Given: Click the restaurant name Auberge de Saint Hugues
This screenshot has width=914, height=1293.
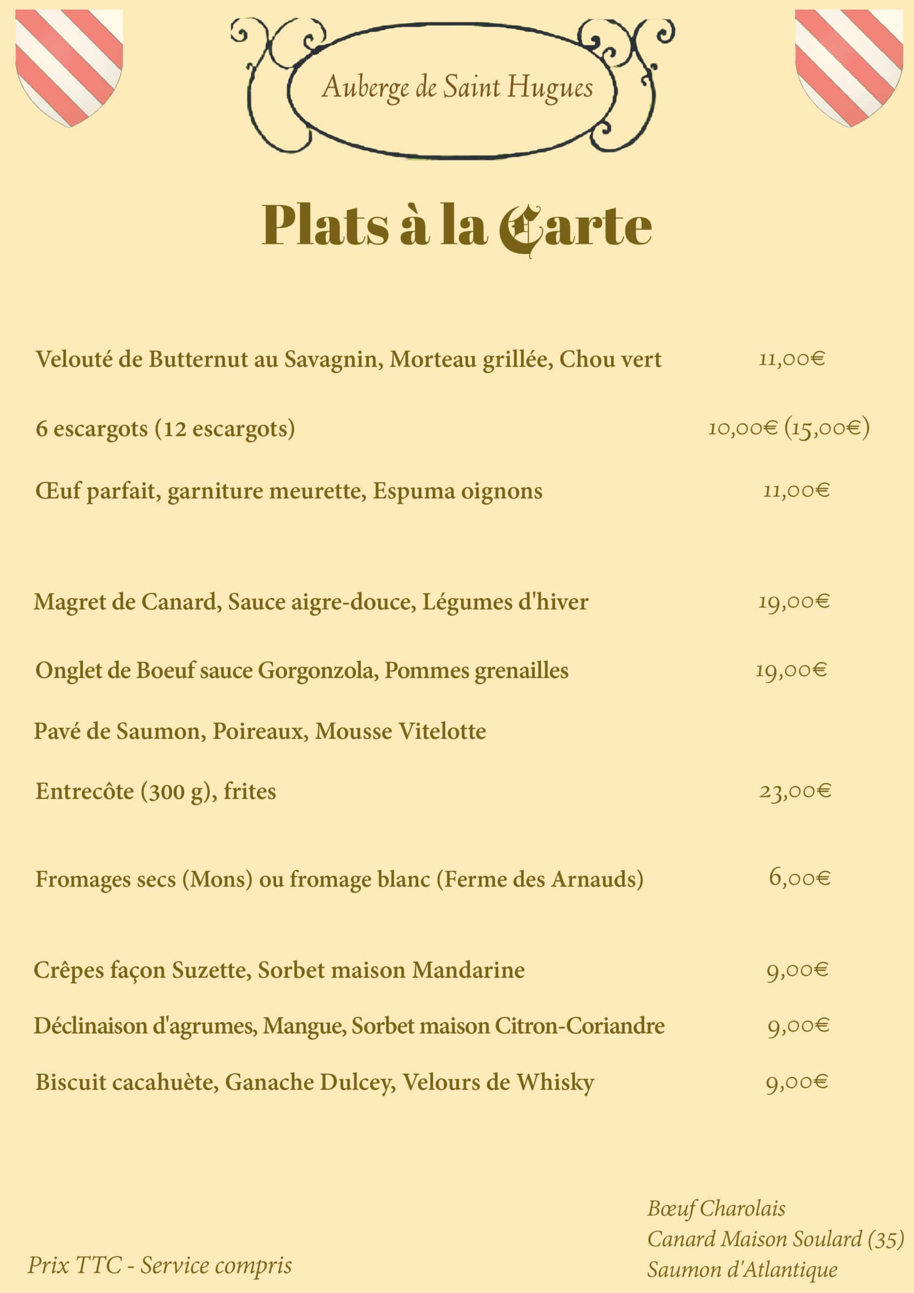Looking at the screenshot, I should [458, 87].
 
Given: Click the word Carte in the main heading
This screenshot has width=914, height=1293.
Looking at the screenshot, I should [576, 226].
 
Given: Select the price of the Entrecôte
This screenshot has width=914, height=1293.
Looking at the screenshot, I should [795, 791].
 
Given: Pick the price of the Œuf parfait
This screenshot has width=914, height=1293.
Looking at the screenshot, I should [796, 490].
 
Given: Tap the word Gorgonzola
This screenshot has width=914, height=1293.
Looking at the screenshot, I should [318, 670].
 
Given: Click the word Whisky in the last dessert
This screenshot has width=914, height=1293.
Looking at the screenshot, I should [555, 1082].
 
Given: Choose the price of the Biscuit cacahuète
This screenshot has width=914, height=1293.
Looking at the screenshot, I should [797, 1082].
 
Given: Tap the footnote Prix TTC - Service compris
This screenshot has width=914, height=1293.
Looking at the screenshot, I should [160, 1265].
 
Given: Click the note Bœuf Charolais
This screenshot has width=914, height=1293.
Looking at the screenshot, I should [716, 1209].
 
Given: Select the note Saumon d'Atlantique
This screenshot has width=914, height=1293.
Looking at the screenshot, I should [742, 1270].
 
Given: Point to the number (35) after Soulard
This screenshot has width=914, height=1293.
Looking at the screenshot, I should [885, 1239].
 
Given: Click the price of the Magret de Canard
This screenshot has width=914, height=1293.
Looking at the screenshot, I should [794, 602].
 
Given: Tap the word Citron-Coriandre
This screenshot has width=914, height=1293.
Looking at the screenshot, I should [580, 1025].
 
